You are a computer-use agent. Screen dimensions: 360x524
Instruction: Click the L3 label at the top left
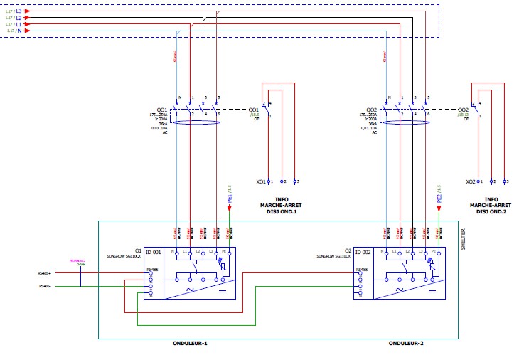tap(18, 11)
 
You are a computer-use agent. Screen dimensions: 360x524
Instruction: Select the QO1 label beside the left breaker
tap(152, 110)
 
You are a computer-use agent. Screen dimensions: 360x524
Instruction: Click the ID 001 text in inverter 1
tap(153, 252)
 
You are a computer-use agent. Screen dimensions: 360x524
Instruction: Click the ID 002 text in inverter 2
tap(363, 252)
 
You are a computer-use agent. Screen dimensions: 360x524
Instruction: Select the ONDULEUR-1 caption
tap(190, 344)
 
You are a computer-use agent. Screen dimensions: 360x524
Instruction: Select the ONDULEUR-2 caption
tap(405, 344)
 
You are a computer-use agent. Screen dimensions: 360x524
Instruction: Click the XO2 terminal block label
tap(470, 181)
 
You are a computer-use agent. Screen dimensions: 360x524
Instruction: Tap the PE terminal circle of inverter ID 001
tap(229, 253)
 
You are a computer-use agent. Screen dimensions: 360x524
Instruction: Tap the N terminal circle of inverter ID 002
tap(385, 253)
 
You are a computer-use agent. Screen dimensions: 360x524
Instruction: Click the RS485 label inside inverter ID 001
tap(152, 270)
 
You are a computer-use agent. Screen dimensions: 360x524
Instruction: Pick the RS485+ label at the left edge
tap(45, 272)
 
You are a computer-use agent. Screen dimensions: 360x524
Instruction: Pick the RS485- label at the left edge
tap(45, 286)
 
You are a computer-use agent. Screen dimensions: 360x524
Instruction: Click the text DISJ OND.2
tap(491, 211)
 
